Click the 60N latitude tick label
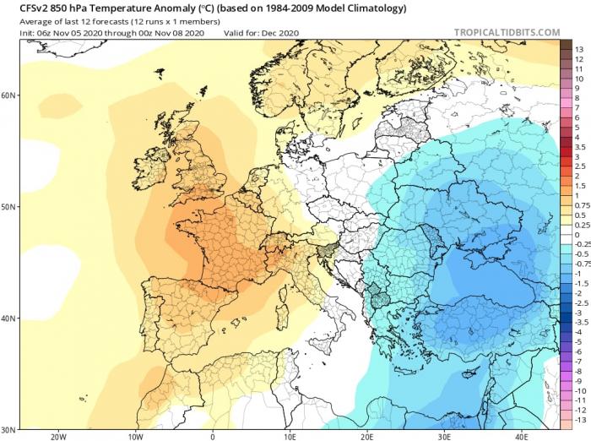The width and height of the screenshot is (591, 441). click(x=8, y=95)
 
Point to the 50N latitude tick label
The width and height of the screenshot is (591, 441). click(x=8, y=206)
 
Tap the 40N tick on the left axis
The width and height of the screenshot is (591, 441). click(x=8, y=318)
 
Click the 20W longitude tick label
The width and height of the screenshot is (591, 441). click(x=58, y=437)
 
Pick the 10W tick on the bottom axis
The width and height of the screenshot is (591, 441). click(x=135, y=437)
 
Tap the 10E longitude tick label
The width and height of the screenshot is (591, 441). click(x=290, y=437)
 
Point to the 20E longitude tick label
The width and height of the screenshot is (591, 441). click(x=368, y=437)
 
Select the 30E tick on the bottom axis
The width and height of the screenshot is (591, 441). click(x=446, y=437)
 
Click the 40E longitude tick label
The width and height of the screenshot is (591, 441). click(x=523, y=437)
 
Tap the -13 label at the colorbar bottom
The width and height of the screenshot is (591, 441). click(x=579, y=420)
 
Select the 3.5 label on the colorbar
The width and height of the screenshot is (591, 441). click(x=579, y=147)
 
